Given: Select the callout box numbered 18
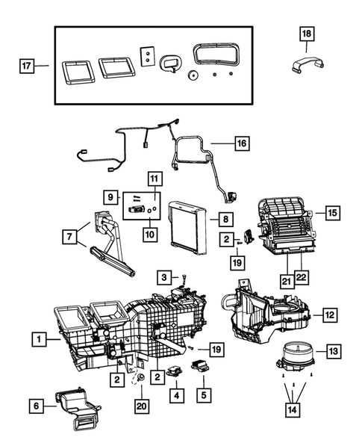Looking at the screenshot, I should click(308, 34).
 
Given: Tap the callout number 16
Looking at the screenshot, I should click(241, 142).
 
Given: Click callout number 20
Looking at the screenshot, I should click(141, 405).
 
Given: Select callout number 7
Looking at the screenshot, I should click(69, 236).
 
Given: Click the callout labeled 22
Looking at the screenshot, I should click(300, 279).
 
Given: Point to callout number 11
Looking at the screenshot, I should click(154, 179).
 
